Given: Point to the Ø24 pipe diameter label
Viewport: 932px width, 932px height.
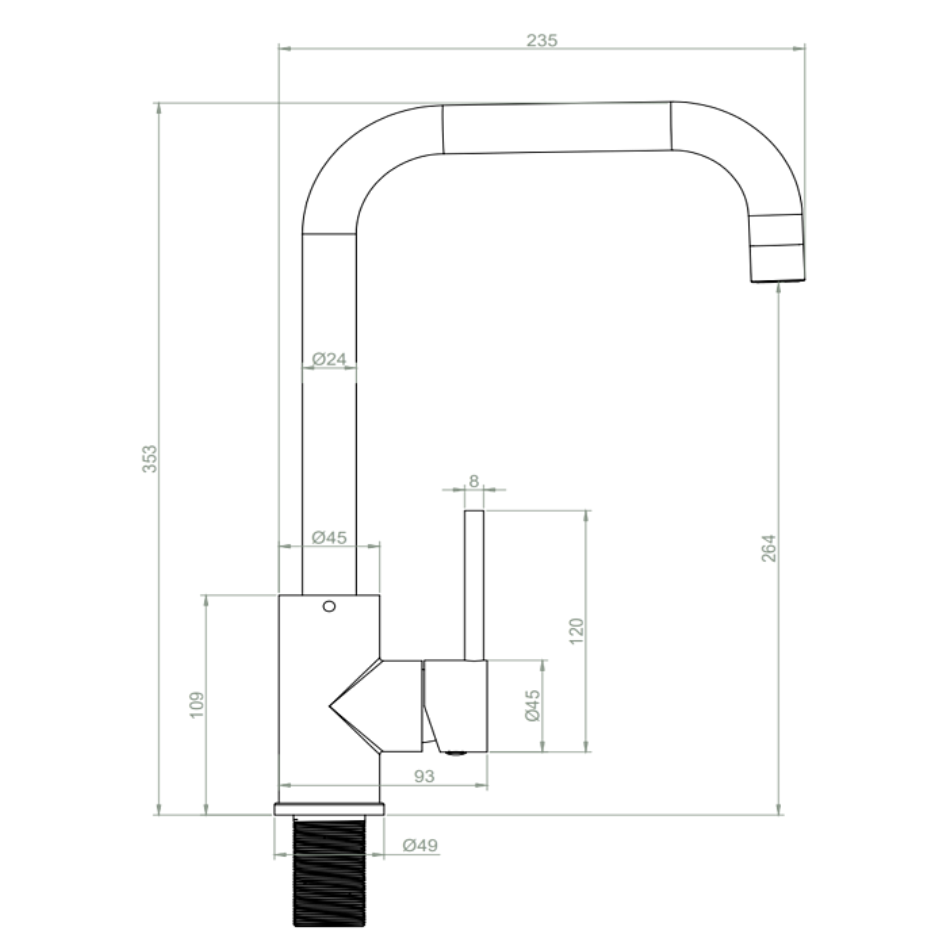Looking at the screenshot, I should point(329,359).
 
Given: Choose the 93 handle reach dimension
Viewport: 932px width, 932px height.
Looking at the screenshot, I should point(424,776).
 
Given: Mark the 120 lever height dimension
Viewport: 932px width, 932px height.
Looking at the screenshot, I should point(577,631).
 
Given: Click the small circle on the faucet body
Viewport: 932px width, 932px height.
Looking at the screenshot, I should point(329,606).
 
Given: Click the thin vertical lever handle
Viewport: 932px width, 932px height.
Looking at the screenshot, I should point(474,584).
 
